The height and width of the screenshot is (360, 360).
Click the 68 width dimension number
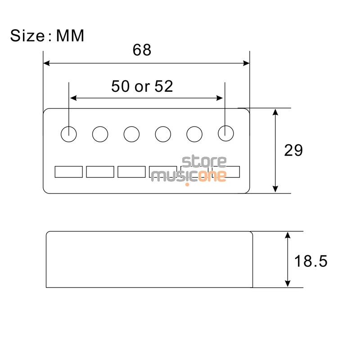[x=142, y=50]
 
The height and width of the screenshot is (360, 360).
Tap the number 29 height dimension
[x=293, y=150]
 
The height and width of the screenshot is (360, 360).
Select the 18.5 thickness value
[x=310, y=261]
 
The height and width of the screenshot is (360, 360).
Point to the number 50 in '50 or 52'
[x=120, y=86]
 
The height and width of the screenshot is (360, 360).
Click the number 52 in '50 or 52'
[x=164, y=86]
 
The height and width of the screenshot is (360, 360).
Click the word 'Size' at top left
[x=27, y=36]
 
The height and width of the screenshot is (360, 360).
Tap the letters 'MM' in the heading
[x=70, y=36]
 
